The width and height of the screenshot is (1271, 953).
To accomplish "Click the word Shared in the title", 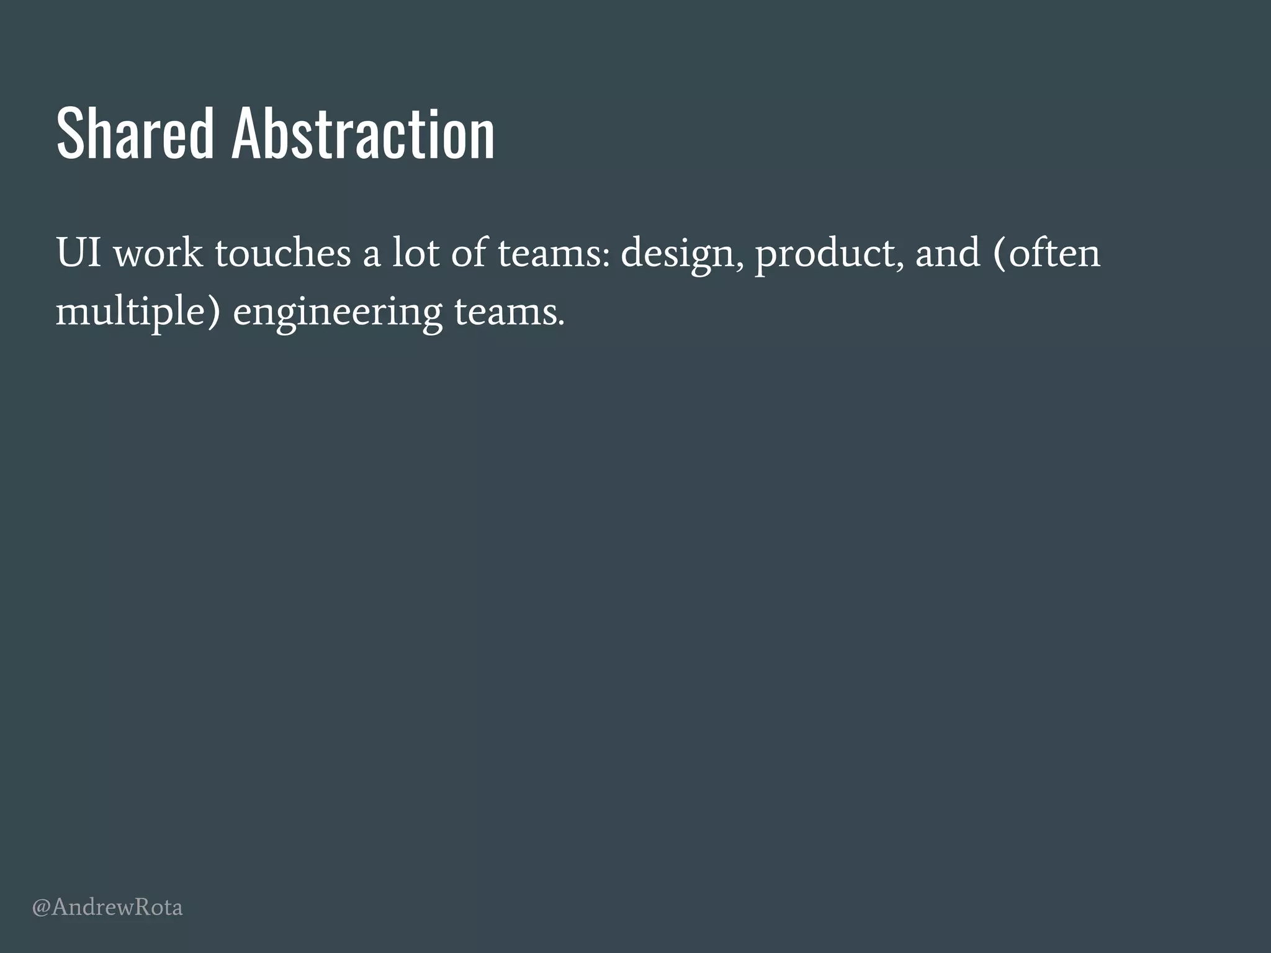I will pos(135,133).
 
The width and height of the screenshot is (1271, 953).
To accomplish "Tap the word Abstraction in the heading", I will pos(363,133).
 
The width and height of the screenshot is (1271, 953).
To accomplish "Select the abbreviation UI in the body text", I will pos(79,253).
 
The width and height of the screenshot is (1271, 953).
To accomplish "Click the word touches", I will pos(283,253).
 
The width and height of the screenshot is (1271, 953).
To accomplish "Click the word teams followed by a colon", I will pos(549,253).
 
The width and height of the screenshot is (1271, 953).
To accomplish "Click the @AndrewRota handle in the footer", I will pos(107,908).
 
